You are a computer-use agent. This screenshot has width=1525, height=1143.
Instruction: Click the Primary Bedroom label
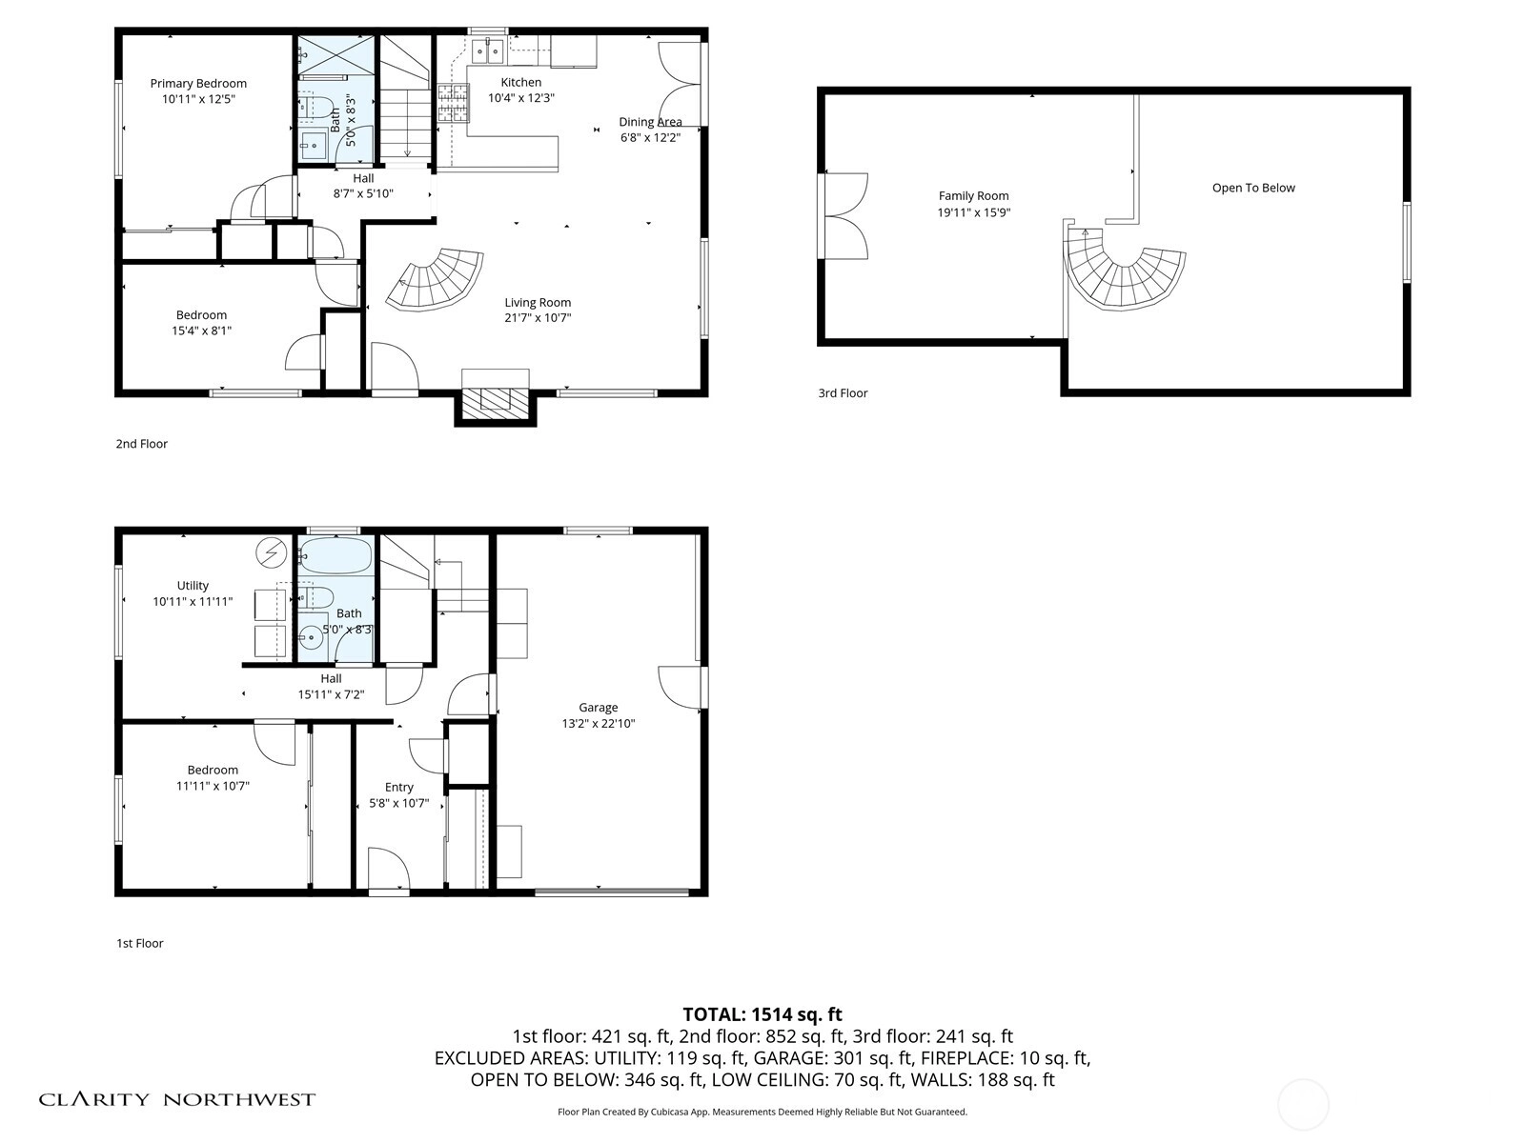(198, 83)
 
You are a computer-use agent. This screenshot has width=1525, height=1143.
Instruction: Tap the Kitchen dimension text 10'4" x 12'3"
(521, 98)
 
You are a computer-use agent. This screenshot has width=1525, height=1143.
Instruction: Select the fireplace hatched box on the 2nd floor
(496, 403)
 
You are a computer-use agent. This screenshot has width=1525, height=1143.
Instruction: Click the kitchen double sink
(487, 50)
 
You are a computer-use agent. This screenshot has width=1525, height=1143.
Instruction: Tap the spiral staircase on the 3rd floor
(1122, 277)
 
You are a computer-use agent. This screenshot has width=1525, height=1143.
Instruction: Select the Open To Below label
(1253, 188)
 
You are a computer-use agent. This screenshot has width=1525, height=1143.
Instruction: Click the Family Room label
(973, 195)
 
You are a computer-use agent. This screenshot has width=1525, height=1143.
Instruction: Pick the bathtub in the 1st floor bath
(335, 555)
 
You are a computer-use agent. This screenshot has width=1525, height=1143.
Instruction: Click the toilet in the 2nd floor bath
(316, 107)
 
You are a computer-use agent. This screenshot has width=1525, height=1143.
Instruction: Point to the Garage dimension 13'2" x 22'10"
(599, 723)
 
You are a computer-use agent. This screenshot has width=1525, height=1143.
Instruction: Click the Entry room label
(398, 787)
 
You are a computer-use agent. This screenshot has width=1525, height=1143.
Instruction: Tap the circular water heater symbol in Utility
(271, 553)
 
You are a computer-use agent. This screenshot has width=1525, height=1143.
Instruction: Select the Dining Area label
(650, 122)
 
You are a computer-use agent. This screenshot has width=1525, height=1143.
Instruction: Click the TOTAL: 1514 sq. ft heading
(762, 1014)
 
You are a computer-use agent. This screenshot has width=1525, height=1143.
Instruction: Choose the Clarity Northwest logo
(176, 1099)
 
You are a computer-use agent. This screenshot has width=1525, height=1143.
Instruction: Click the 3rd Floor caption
(843, 392)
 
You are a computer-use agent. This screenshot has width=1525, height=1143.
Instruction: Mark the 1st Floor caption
(140, 943)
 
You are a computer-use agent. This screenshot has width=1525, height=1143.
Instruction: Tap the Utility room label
(193, 586)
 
